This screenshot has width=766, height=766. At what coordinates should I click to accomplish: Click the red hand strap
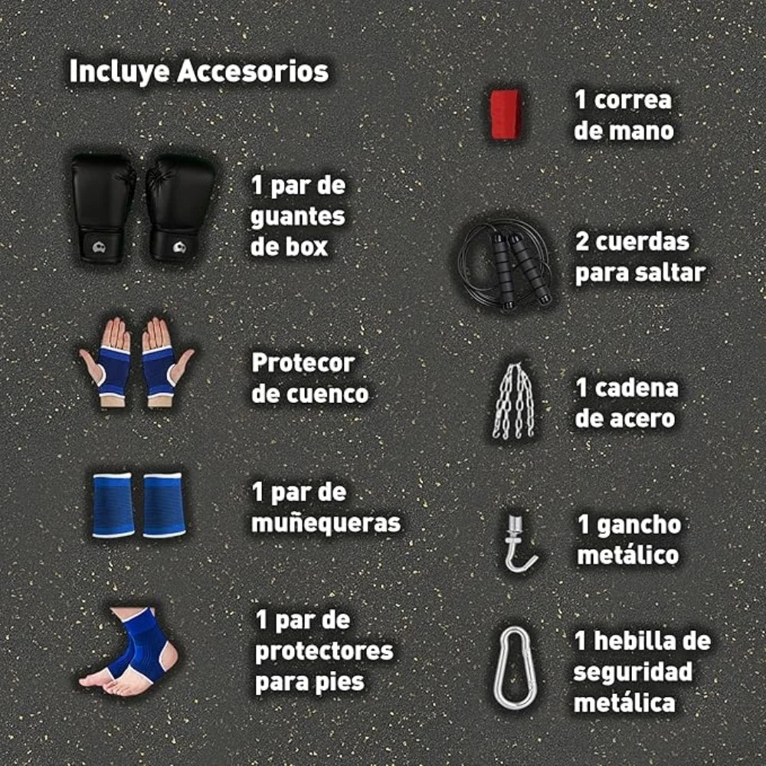(x=506, y=114)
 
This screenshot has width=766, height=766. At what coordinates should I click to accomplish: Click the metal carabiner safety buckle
(x=512, y=667)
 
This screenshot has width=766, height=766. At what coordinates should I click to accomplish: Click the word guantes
(x=298, y=217)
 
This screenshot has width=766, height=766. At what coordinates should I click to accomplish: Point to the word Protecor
(x=303, y=362)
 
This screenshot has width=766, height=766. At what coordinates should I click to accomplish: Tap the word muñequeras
(x=326, y=523)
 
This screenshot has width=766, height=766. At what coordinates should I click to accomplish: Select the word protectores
(x=324, y=651)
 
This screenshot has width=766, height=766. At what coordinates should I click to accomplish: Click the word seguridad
(x=633, y=672)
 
